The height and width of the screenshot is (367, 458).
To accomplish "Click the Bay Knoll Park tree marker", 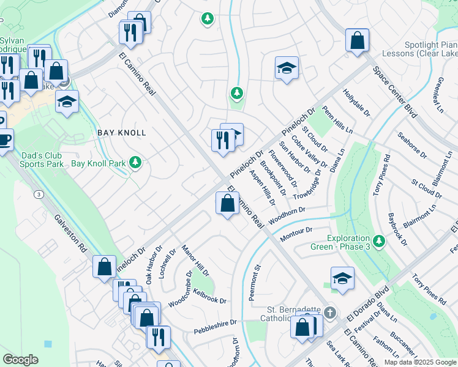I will pyautogui.click(x=136, y=163).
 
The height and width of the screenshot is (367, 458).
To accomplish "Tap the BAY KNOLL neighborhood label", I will pyautogui.click(x=122, y=133).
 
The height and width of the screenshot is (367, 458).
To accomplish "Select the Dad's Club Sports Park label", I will pyautogui.click(x=42, y=160).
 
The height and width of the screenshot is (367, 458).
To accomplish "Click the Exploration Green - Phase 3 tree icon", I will pyautogui.click(x=379, y=241).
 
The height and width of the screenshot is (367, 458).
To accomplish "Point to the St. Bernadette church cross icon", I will pyautogui.click(x=330, y=313).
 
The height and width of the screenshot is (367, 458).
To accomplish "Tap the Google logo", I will pyautogui.click(x=20, y=360).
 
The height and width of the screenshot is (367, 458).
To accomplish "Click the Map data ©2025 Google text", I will pyautogui.click(x=419, y=362).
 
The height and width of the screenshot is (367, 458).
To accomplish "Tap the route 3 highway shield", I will pyautogui.click(x=39, y=194).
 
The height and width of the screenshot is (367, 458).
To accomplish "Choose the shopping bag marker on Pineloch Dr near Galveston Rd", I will pyautogui.click(x=104, y=267).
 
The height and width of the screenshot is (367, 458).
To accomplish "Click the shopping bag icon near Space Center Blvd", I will pyautogui.click(x=356, y=40).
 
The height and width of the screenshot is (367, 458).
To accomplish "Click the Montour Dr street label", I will pyautogui.click(x=296, y=234).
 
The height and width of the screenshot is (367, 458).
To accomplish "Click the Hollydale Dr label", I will pyautogui.click(x=357, y=102).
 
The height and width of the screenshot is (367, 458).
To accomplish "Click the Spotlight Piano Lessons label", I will pyautogui.click(x=431, y=49).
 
